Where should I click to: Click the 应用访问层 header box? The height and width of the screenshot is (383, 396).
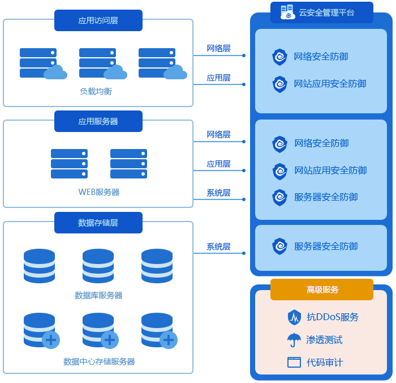point(98,20)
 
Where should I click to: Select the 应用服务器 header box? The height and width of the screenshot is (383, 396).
point(98,121)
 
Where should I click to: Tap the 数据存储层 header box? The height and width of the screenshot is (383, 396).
point(98,223)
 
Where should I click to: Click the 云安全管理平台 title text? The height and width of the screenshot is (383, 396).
point(326,12)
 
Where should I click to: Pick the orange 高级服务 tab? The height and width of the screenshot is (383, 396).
point(322,290)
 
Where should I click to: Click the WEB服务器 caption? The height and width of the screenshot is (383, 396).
point(98,192)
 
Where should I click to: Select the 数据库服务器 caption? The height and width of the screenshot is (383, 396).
point(98,295)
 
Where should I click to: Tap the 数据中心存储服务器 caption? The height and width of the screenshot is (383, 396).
point(99,361)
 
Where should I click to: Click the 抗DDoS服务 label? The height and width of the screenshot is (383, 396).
point(333,317)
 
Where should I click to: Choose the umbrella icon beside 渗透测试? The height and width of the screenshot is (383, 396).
point(294,340)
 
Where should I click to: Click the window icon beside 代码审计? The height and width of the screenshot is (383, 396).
point(294,363)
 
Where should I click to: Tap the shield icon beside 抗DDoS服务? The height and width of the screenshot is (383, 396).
point(294,317)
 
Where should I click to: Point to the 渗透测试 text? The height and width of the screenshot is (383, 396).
point(324,340)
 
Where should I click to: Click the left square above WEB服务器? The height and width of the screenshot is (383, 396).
point(69,164)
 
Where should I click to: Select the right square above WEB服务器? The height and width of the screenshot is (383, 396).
point(128,164)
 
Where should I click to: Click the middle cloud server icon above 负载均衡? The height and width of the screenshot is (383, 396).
point(102,63)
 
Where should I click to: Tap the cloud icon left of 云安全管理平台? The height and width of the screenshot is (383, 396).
point(288,12)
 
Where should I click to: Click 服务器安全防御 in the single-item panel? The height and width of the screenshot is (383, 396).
point(326,246)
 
